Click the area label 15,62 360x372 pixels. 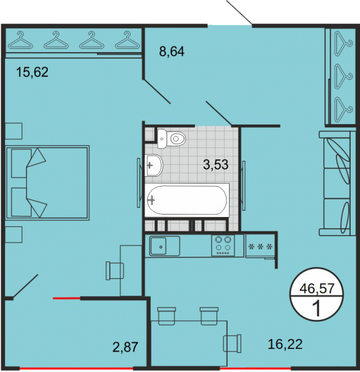tap(32, 72)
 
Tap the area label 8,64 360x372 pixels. tap(172, 51)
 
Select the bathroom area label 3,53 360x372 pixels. tap(215, 165)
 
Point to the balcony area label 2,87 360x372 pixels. tap(125, 347)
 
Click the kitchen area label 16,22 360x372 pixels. tap(285, 344)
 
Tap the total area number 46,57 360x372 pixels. tap(317, 289)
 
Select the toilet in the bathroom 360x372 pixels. tap(171, 138)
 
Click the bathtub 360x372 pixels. tap(187, 200)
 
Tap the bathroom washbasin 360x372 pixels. tap(154, 165)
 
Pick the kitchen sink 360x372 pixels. tap(164, 246)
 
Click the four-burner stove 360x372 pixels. tap(223, 246)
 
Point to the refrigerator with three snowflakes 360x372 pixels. tap(260, 246)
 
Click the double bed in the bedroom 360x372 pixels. tap(48, 183)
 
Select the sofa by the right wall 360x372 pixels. tap(337, 183)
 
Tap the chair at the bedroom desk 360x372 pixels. tap(115, 271)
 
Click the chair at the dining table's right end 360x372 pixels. tap(232, 343)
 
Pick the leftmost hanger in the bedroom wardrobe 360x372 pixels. tap(20, 40)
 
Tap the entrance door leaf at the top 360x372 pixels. tap(240, 12)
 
